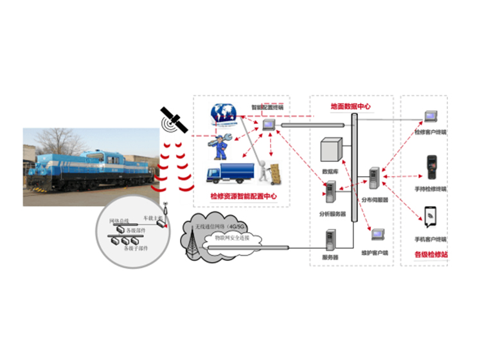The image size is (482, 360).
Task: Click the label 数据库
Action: [329, 172]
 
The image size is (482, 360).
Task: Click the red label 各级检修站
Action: [431, 255]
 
